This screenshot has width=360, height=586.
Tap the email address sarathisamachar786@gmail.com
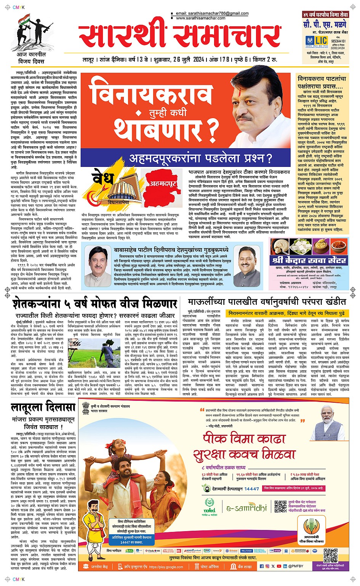pyautogui.click(x=212, y=13)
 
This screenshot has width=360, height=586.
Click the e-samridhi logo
pyautogui.click(x=246, y=508)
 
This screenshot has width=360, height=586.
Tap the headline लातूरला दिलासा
pyautogui.click(x=43, y=407)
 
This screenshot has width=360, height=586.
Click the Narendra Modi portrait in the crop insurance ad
pyautogui.click(x=328, y=421)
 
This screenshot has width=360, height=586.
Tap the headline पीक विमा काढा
pyautogui.click(x=244, y=438)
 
